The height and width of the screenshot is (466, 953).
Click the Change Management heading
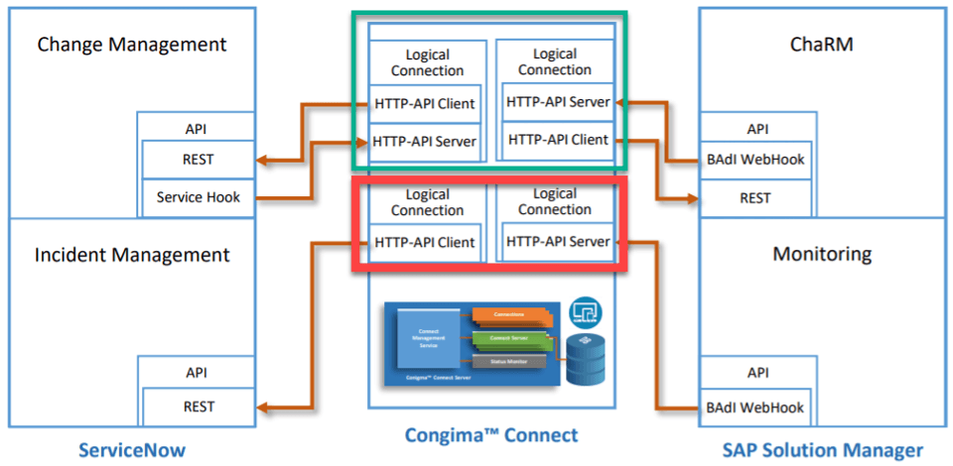(131, 45)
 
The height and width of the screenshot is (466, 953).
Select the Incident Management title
(132, 255)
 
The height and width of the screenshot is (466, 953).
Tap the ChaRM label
(822, 45)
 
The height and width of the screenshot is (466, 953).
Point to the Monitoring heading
(822, 255)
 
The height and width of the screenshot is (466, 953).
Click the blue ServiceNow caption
(132, 450)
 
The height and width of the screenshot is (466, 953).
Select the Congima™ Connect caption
(491, 435)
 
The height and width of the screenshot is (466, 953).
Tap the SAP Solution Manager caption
(823, 450)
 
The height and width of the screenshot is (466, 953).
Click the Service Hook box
(199, 197)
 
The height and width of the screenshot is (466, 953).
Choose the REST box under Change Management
(199, 159)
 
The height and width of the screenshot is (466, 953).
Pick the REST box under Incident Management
(199, 407)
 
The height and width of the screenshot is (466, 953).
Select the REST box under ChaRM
(754, 197)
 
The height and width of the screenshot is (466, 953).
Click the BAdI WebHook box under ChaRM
(754, 159)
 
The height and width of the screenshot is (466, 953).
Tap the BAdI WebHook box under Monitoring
(754, 407)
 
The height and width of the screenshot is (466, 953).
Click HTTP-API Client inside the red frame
(425, 242)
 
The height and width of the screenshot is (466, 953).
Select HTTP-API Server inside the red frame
(557, 241)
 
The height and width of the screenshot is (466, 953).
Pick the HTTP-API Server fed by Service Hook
(425, 141)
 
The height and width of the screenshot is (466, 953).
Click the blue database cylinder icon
(584, 359)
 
